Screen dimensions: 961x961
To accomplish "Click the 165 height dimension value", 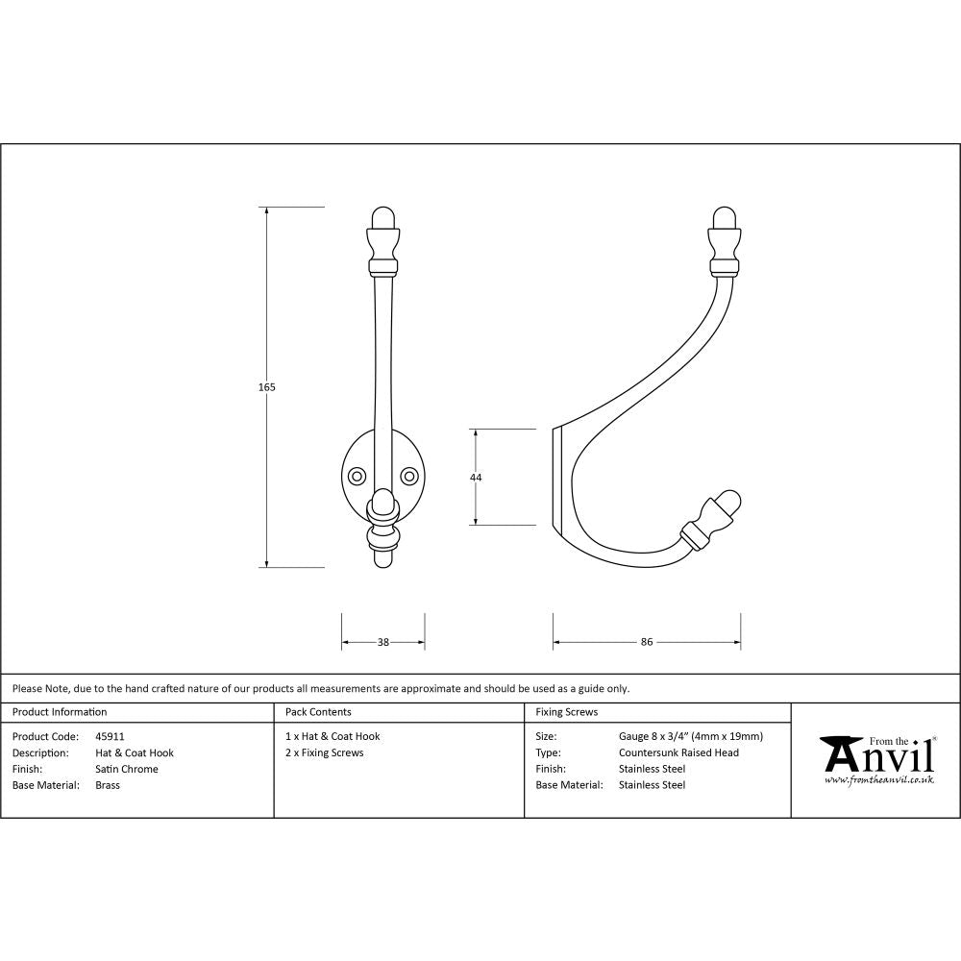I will coord(267,387).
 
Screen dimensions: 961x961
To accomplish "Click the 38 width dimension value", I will coord(382,642).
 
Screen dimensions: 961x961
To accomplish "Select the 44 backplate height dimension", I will coord(476,478).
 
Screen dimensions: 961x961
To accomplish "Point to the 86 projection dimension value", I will coord(647,642).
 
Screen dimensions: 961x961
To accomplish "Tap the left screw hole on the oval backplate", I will coord(357,475).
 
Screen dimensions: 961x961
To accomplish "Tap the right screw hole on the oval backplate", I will coord(409,475).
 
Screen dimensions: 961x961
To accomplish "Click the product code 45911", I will coord(110,736).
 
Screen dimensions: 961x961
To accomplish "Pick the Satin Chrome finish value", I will coord(127,769).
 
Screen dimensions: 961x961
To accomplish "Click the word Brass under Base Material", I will coord(108,785).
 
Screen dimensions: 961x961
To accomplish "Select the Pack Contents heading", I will coord(318,712).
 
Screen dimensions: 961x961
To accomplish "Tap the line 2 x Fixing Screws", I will coord(325,752).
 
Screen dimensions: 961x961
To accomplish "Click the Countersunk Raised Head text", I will coord(678,752).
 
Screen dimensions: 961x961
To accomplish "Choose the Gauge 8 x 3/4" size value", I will coord(690,736).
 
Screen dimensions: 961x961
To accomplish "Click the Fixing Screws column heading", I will coord(566,712).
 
